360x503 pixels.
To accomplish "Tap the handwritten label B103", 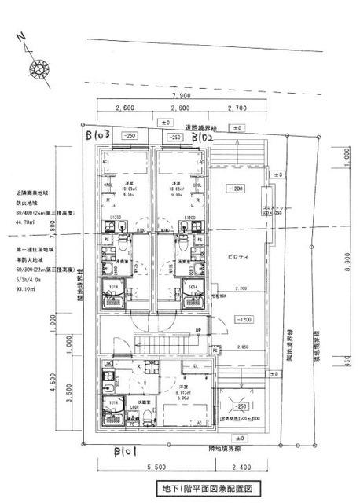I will click(101, 134).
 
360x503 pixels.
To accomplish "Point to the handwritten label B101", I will click(127, 452).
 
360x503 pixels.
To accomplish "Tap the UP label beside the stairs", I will click(198, 329).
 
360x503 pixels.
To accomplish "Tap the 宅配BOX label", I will click(218, 296).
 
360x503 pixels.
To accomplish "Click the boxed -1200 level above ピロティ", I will click(234, 189).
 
